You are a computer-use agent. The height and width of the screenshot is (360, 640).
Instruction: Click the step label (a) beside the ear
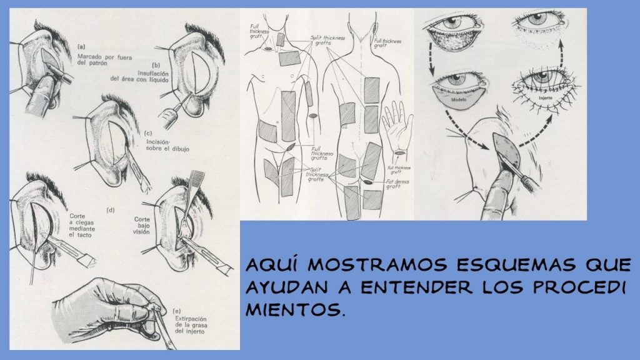[x=81, y=47]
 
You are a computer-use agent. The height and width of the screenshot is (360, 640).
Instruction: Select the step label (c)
[x=148, y=133]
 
